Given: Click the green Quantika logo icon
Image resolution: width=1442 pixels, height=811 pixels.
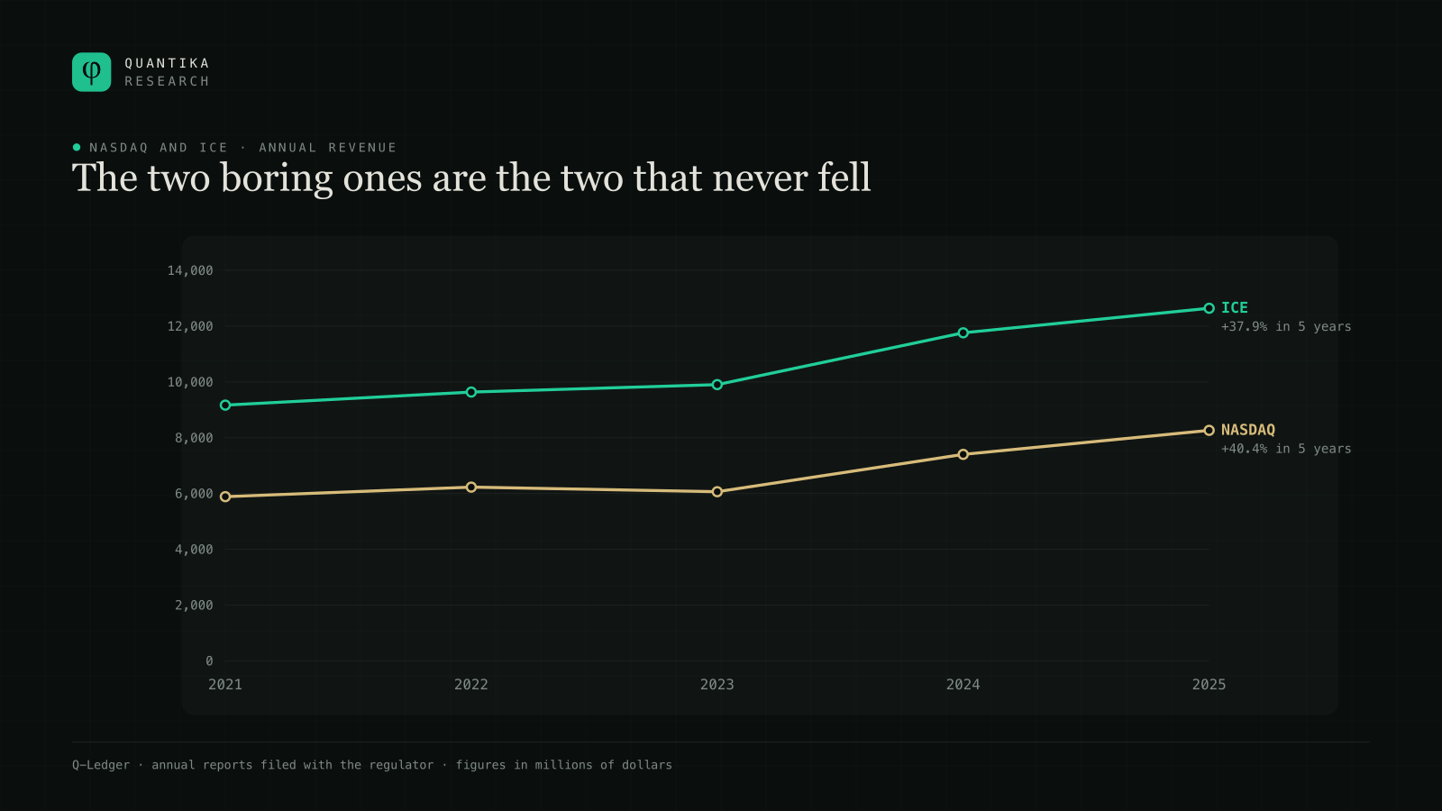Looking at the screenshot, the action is coord(91,72).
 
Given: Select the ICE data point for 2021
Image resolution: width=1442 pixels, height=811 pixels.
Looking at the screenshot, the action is coord(225,405).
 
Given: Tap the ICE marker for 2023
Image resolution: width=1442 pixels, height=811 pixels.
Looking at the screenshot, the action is coord(717,385).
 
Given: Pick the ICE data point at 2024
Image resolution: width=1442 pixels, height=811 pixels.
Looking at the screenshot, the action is coord(963,333).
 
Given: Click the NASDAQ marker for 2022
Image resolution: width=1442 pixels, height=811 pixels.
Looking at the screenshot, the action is coord(471,488).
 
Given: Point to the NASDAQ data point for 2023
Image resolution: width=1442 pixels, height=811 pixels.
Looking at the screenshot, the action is coord(717,492).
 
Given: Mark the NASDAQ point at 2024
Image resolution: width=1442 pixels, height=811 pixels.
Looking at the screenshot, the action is coord(963,454).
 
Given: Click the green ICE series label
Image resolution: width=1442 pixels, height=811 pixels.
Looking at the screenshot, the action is coord(1234,307).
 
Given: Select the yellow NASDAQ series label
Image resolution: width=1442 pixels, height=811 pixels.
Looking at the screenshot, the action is coord(1247,430).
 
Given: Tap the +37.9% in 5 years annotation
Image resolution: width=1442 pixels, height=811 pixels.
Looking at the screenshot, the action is coord(1285,326).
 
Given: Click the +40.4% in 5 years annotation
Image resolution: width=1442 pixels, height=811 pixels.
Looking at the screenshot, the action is coord(1285,449).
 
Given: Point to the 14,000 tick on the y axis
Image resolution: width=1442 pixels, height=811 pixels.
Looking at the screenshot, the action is coord(190,270).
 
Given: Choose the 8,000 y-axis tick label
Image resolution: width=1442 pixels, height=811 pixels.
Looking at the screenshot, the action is coord(194,438).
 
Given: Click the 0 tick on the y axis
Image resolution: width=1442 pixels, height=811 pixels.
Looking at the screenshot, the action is coord(209,661).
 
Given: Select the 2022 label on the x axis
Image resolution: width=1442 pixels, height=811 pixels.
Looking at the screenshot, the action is coord(471,684).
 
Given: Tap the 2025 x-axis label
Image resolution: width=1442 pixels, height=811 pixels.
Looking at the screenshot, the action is coord(1209,684).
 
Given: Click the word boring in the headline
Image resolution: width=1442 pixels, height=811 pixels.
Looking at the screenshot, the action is coord(277,178).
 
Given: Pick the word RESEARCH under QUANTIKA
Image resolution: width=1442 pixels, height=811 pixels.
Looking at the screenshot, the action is coord(167,81).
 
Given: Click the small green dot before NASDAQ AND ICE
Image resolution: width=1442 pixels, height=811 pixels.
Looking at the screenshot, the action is coord(77,148).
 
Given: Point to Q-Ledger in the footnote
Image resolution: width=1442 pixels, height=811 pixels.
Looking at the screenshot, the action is coord(100,765).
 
